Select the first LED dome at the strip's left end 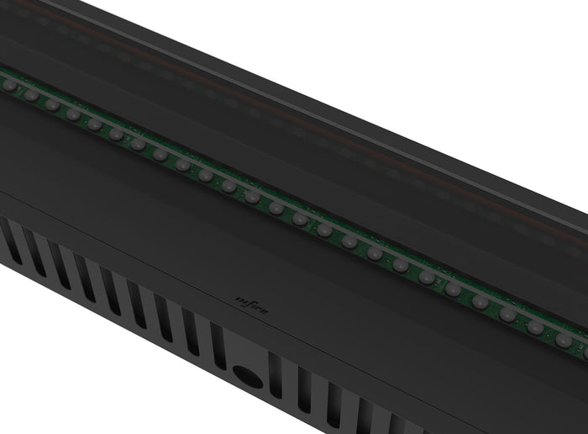9,85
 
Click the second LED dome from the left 31,95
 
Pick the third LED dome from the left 52,105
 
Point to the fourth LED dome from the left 73,114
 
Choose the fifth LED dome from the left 94,124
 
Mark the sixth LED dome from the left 116,135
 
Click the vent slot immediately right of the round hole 276,376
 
